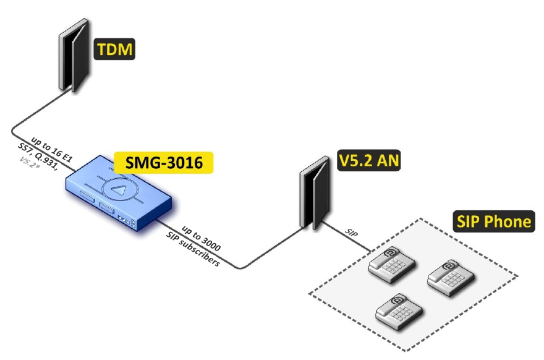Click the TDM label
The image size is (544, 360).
(x=114, y=49)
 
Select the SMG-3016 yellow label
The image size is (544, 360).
(x=163, y=163)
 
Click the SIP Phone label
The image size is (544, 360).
(x=493, y=221)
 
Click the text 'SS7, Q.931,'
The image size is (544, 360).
(x=41, y=158)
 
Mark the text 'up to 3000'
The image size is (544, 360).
(x=202, y=238)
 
